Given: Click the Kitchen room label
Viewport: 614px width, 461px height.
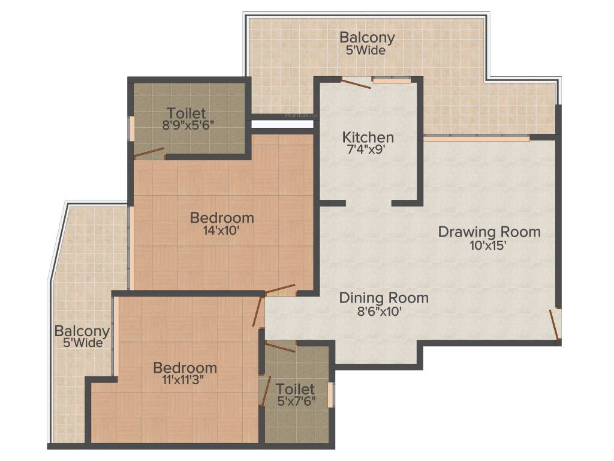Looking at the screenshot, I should click(x=368, y=137).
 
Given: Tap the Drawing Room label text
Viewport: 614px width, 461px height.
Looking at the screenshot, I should click(x=489, y=232).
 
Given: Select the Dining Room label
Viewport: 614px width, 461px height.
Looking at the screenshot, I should click(x=384, y=298).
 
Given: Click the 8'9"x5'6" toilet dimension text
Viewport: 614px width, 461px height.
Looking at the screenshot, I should click(x=188, y=125).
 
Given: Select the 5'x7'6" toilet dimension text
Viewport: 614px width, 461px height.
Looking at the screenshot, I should click(x=296, y=402).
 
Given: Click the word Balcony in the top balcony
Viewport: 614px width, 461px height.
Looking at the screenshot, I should click(x=367, y=37).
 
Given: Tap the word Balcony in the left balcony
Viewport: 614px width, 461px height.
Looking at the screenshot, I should click(x=82, y=331).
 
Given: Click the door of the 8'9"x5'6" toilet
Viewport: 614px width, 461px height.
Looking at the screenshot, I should click(x=148, y=152).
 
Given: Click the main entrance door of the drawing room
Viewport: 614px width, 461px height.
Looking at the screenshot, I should click(x=555, y=324).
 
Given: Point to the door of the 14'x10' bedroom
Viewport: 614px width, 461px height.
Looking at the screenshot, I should click(x=280, y=289).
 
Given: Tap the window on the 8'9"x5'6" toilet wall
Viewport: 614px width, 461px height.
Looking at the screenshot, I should click(x=131, y=128).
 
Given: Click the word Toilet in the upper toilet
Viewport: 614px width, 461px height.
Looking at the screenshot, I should click(x=186, y=113).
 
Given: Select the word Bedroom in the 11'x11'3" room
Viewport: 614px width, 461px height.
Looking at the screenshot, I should click(x=185, y=367).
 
